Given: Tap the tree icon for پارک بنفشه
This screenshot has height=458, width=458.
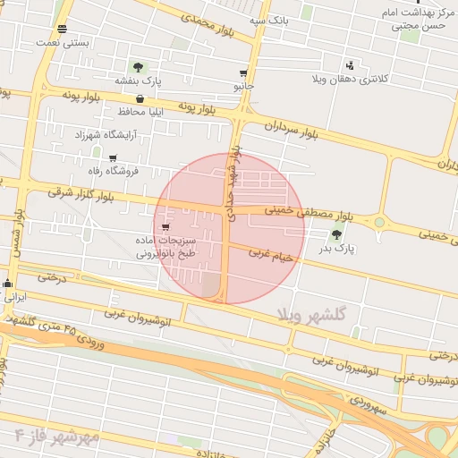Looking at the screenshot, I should tap(138, 67).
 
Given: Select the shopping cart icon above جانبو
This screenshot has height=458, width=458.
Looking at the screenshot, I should tap(243, 73).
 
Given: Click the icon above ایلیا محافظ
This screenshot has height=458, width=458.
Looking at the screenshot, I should tap(140, 98).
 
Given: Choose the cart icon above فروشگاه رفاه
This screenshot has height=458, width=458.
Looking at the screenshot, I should tap(112, 157).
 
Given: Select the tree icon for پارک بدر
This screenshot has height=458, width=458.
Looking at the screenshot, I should tap(336, 234).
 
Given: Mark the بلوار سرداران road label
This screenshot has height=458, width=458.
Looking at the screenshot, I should tap(290, 131).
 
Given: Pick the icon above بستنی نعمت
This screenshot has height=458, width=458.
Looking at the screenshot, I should tap(61, 28).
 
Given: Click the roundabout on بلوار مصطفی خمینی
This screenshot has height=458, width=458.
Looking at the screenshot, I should tap(379, 221).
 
